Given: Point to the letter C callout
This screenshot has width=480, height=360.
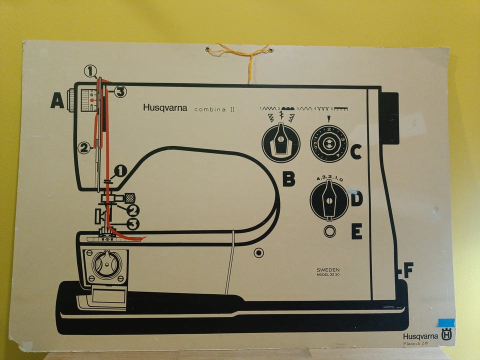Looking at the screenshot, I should (x=355, y=151).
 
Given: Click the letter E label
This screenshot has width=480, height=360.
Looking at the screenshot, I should (x=356, y=231).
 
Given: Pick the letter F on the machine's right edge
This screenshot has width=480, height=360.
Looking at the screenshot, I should (x=408, y=270).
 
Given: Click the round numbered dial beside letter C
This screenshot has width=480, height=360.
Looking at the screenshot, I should (x=328, y=144).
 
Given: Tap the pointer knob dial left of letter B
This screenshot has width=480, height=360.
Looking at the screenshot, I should (x=281, y=143).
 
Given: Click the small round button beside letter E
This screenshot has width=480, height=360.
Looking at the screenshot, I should (x=329, y=231).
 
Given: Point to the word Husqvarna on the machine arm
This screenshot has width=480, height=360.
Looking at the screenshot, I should (x=165, y=107).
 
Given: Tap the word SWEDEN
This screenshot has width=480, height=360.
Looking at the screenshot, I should (x=327, y=269).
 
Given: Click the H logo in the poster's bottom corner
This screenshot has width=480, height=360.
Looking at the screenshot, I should (x=446, y=335).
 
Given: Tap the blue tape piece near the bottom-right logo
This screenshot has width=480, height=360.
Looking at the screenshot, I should (x=445, y=322).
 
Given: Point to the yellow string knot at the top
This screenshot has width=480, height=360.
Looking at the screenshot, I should (x=248, y=51).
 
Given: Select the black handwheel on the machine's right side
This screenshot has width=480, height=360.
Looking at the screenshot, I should (x=388, y=118).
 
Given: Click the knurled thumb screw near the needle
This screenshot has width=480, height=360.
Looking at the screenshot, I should (x=129, y=197).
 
